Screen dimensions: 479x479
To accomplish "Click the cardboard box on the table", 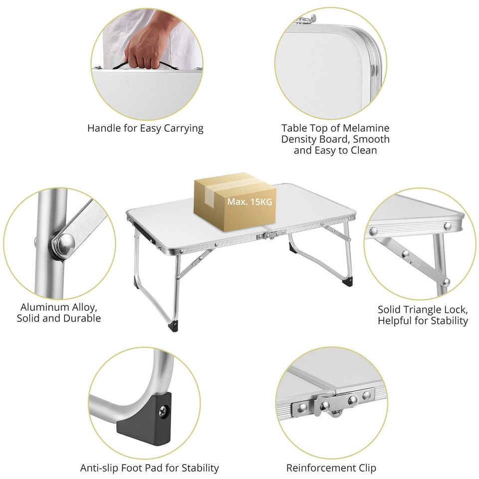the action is pos(235,202).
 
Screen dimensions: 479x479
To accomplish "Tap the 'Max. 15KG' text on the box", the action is pos(249,202).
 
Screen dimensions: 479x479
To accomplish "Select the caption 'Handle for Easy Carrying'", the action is pos(145,128).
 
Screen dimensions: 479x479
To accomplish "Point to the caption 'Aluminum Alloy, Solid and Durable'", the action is pos(59,312).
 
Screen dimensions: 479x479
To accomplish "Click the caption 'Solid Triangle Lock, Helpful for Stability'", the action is pos(423,315).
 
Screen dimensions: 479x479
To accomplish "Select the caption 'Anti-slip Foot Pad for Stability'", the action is pos(149,468).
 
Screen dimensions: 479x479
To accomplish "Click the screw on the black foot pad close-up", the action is pos(164,412).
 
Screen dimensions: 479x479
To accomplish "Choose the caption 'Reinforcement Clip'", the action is pos(331,468).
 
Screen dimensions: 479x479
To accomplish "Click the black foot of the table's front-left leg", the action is pos(175,326).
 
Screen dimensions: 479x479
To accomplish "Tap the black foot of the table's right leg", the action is pos(348,281).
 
